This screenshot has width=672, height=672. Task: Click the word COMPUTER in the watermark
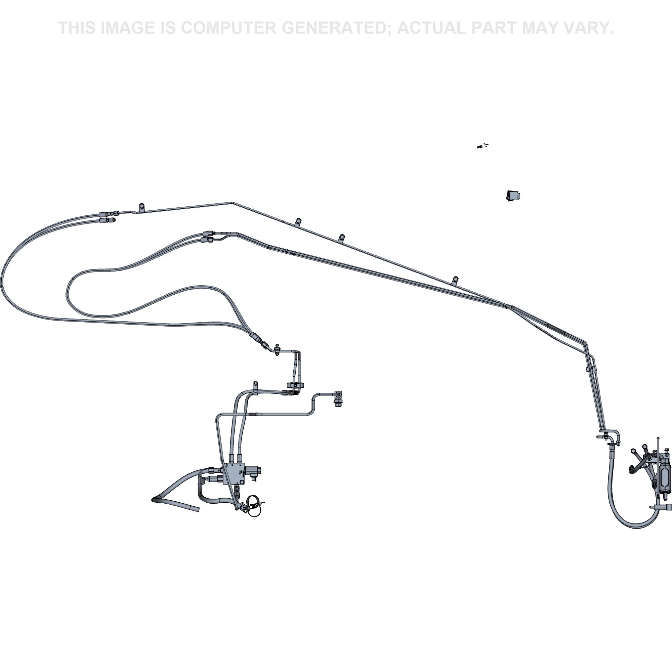pos(228,28)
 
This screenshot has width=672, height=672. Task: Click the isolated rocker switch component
pos(513,196)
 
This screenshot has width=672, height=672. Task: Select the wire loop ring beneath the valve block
pos(253,503)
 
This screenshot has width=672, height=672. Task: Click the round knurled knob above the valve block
pos(295,385)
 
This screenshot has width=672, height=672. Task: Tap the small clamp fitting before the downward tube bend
pos(277,349)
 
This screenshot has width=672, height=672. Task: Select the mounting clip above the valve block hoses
pos(256,384)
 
